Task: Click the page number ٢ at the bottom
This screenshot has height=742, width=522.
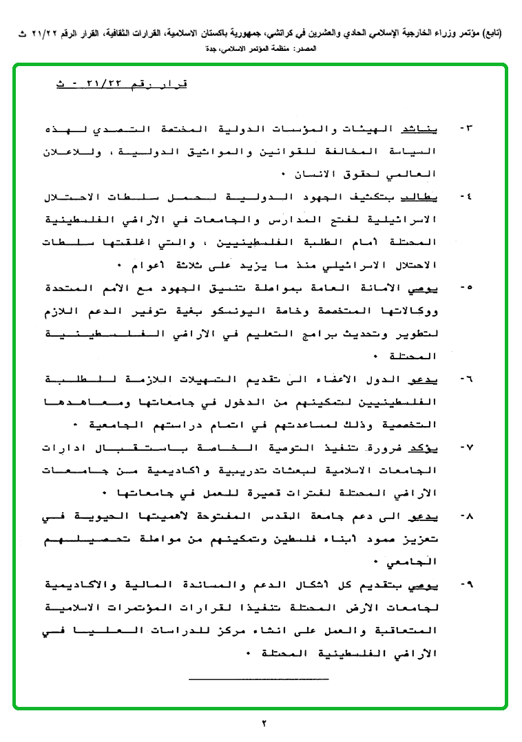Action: coord(262,723)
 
